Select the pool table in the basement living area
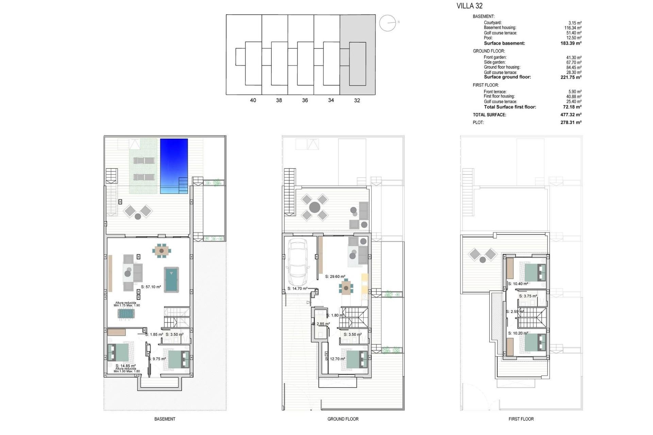click(171, 279)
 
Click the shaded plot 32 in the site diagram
click(357, 54)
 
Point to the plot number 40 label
click(253, 100)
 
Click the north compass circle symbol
click(387, 23)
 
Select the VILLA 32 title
click(469, 5)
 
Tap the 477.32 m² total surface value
click(571, 115)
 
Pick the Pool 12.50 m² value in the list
click(573, 38)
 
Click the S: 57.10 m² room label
click(151, 287)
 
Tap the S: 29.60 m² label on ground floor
click(335, 277)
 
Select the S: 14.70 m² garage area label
click(297, 289)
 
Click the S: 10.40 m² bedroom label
click(518, 284)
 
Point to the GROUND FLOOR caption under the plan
click(343, 419)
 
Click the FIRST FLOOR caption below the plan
click(521, 419)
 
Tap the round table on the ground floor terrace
click(315, 207)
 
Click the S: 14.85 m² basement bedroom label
click(125, 366)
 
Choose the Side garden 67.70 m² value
click(573, 63)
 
